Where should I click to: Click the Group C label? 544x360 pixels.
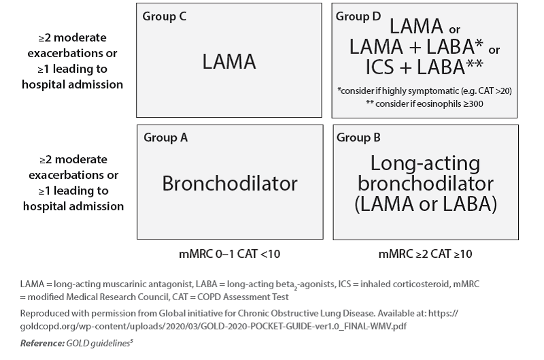[165, 16]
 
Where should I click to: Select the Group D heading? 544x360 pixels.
[358, 16]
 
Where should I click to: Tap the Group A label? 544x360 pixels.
[166, 137]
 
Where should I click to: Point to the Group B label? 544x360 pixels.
[358, 137]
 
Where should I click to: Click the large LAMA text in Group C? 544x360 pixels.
[229, 62]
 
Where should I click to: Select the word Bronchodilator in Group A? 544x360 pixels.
[230, 183]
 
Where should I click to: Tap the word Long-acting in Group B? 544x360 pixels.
[426, 163]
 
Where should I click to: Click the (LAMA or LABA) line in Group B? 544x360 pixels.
[426, 203]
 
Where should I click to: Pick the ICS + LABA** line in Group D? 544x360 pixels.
[424, 67]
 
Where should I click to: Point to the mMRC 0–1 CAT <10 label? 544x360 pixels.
[229, 254]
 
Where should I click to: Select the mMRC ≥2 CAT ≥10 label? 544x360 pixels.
[426, 254]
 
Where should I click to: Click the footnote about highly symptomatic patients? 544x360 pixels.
[424, 91]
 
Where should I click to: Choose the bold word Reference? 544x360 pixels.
[42, 344]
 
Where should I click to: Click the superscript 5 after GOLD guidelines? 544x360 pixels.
[131, 341]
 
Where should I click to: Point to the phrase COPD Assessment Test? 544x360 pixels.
[256, 297]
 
